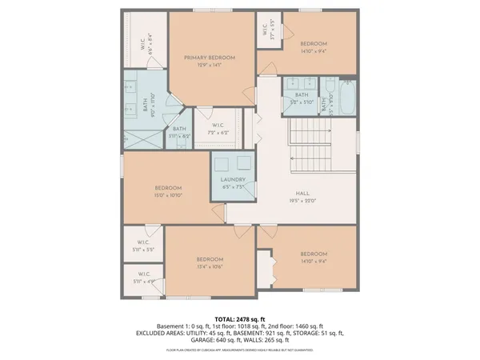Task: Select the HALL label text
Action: [x=302, y=194]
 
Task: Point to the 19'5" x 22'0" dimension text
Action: [x=302, y=201]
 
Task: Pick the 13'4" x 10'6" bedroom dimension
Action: [x=210, y=267]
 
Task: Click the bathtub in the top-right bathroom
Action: [x=346, y=98]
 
